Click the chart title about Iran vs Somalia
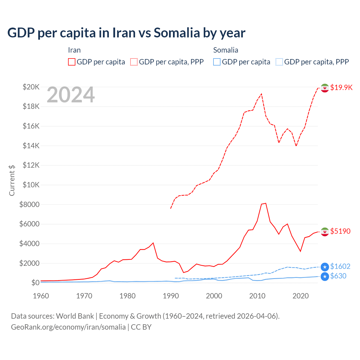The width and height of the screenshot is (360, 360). pos(126,33)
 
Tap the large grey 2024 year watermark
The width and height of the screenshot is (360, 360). pos(71,95)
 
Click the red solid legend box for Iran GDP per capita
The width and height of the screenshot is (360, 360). pos(72,62)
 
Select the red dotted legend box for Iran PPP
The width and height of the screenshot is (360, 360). pos(134,62)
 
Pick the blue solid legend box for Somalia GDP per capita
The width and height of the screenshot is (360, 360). pos(217,62)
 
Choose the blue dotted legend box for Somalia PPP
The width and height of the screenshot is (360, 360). pos(279,62)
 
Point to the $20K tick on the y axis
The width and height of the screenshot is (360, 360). pos(31,87)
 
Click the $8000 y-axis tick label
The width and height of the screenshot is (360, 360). pos(29,204)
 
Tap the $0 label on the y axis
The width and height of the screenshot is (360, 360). pos(35,283)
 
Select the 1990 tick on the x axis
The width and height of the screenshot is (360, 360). pos(171,296)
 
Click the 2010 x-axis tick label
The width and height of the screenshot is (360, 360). pos(257,296)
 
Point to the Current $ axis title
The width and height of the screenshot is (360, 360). pos(12,180)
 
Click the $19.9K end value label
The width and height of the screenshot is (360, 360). pos(341,87)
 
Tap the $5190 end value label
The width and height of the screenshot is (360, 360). pos(340,231)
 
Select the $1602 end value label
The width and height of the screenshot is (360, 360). pos(340,266)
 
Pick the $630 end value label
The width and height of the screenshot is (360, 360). pos(338,276)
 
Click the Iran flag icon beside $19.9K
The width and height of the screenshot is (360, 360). pos(325,88)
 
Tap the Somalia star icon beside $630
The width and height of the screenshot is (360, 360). pos(325,276)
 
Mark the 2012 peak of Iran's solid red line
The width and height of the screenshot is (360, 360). pos(266,203)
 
